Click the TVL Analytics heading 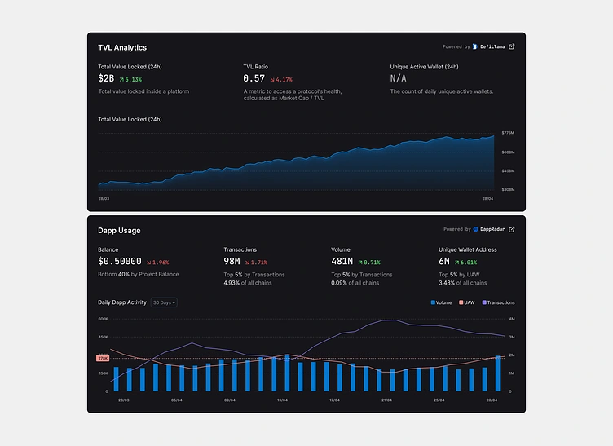(122, 48)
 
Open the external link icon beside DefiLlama (511, 46)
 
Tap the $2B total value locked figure (106, 78)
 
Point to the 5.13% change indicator (130, 79)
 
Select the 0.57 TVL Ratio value (254, 78)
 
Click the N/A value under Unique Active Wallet (398, 78)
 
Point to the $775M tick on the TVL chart (508, 132)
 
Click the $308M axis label (508, 189)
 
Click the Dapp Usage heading (119, 231)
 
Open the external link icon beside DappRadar (511, 230)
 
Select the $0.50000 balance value (120, 262)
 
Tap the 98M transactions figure (232, 262)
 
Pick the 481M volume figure (342, 262)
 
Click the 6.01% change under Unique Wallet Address (465, 263)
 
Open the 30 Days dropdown (164, 302)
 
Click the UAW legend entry (466, 302)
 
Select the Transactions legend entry (499, 302)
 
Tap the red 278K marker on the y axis (103, 358)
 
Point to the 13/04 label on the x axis (282, 400)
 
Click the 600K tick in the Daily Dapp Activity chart (103, 319)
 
